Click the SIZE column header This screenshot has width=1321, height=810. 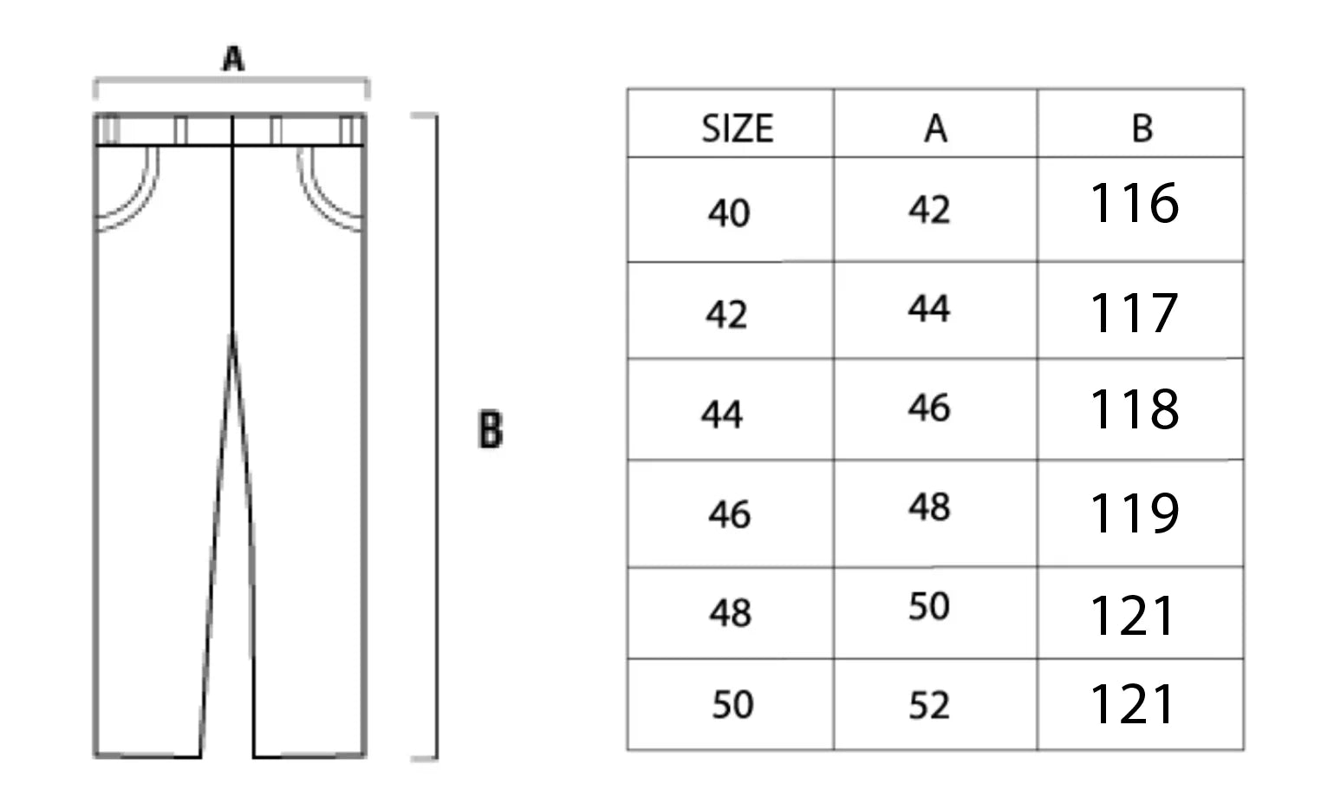tap(737, 128)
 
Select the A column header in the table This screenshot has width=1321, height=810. tap(935, 128)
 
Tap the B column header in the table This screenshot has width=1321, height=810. tap(1142, 128)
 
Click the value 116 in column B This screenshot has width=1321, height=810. tap(1133, 204)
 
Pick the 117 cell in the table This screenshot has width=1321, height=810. tap(1133, 312)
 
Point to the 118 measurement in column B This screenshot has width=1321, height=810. tap(1133, 409)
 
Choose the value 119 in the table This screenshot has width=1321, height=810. tap(1133, 513)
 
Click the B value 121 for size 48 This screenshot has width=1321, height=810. tap(1131, 616)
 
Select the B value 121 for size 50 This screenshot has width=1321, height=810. tap(1131, 703)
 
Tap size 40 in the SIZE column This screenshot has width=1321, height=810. tap(728, 212)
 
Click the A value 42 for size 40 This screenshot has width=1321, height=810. tap(929, 209)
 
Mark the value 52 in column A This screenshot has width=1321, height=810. tap(929, 705)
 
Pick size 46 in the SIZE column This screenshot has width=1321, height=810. tap(729, 514)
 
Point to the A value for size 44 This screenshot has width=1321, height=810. tap(929, 408)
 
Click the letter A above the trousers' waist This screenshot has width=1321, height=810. tap(233, 59)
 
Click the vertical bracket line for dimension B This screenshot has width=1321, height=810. tap(435, 434)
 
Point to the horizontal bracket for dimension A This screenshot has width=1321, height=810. tap(231, 81)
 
